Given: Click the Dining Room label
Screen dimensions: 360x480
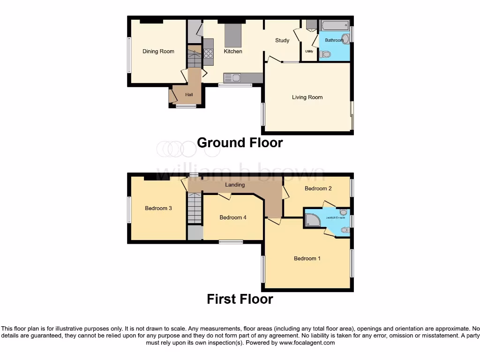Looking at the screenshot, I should coord(158,52).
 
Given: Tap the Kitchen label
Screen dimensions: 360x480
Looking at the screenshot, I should coord(233,52).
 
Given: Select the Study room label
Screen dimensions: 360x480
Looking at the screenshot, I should coord(282,40).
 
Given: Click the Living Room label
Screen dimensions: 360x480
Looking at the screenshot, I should coord(307,97).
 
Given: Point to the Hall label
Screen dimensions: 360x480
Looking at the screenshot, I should coord(189,95).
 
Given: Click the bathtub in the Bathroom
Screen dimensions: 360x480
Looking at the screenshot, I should coord(335,25).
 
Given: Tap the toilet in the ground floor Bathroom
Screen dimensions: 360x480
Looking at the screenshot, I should coord(324,55).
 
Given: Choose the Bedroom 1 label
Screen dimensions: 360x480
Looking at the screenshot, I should coord(307,258).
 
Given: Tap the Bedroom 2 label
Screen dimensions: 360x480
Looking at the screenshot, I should coord(318,188).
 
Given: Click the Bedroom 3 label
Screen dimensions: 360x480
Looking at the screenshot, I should coord(158,208).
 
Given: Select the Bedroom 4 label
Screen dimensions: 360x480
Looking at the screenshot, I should coord(233,217).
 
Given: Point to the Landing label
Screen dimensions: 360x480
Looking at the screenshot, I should coord(235,185).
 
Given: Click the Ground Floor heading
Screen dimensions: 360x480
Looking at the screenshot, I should coord(240,142).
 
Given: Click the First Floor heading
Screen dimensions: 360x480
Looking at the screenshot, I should coord(240,299).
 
